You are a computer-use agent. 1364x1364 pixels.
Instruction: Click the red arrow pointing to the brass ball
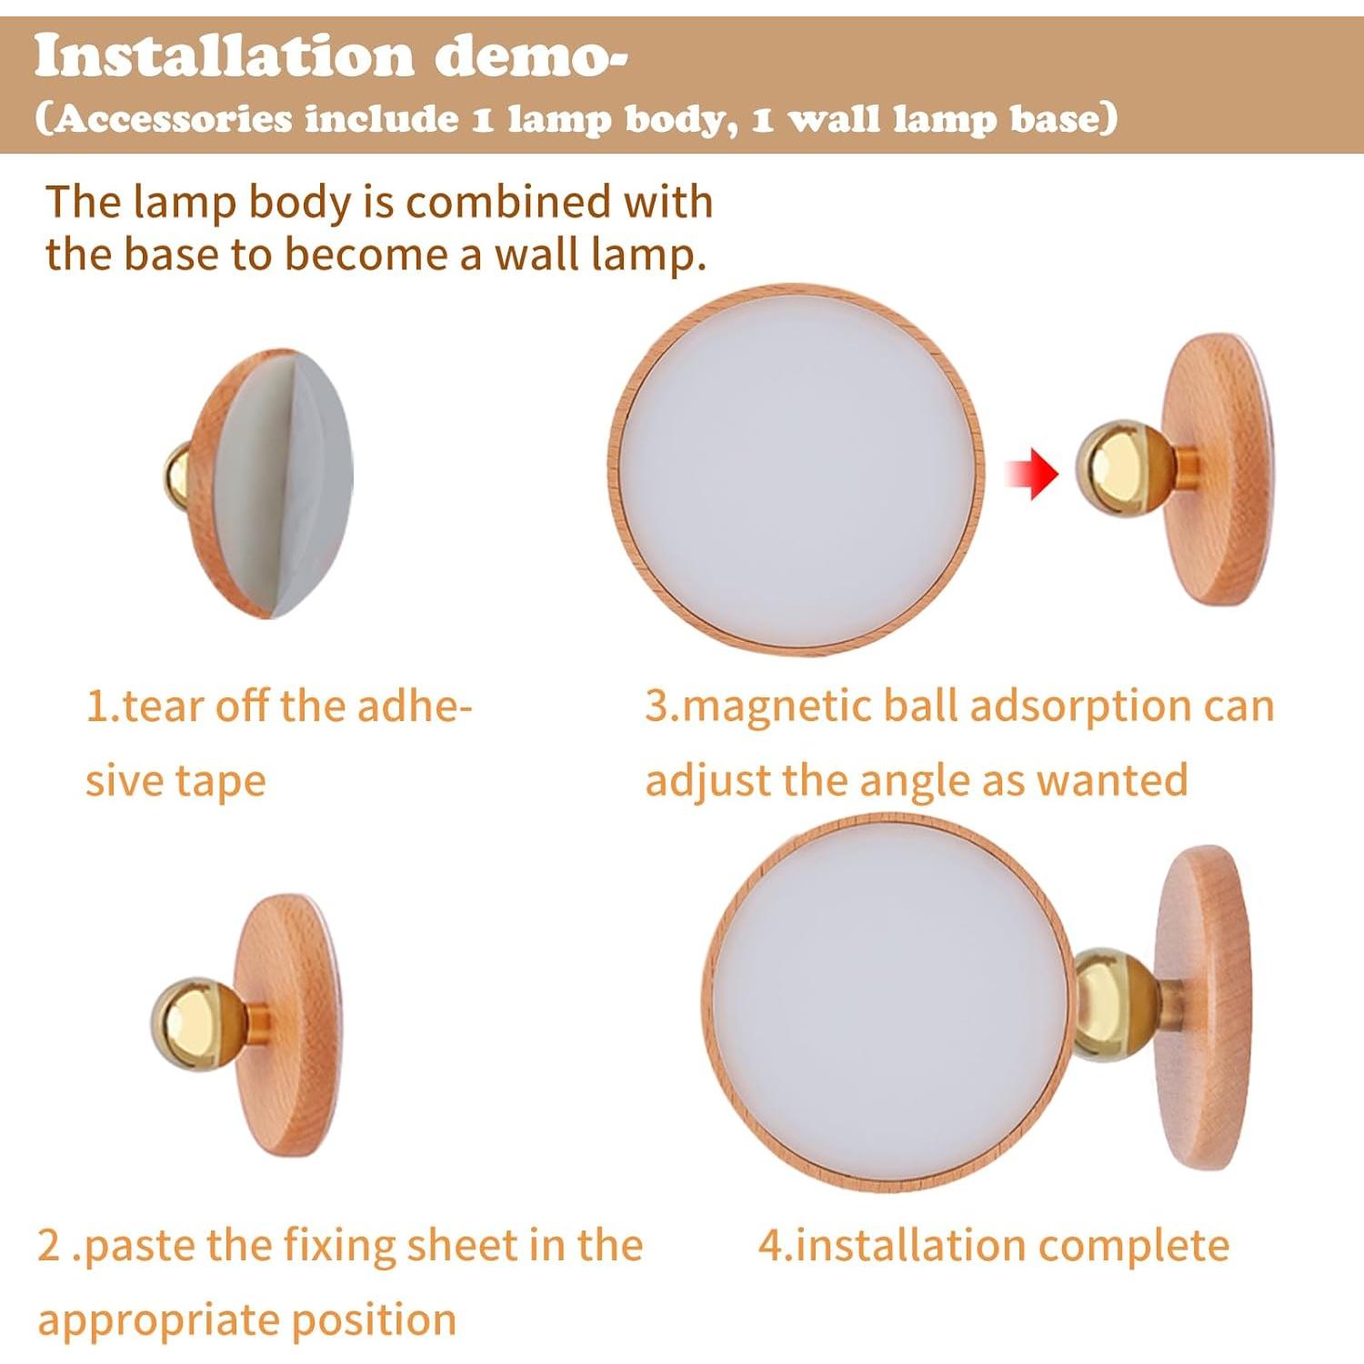(x=1032, y=474)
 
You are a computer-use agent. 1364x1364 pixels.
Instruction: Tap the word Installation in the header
(x=224, y=56)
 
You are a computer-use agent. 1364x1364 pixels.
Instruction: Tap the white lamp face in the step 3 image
(x=796, y=469)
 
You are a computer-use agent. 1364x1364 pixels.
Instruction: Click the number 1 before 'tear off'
(x=95, y=707)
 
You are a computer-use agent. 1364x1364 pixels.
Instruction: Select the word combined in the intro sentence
(x=504, y=202)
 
